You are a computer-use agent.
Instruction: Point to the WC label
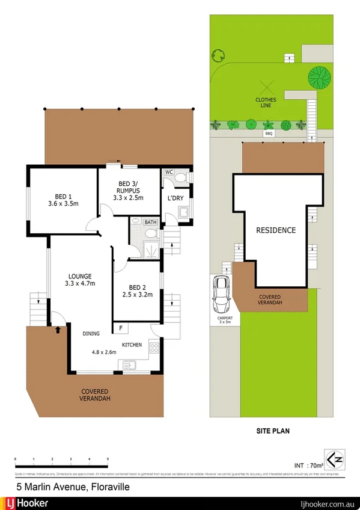click(169, 172)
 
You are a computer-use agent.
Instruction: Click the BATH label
click(150, 222)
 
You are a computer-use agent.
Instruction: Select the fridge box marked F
click(121, 328)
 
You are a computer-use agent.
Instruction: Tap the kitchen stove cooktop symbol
click(153, 347)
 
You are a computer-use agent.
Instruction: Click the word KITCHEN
click(132, 345)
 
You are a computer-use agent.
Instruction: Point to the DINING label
click(91, 333)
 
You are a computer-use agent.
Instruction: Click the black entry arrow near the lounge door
click(58, 329)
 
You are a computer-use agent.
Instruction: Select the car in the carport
click(221, 291)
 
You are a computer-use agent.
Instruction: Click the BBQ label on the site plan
click(269, 134)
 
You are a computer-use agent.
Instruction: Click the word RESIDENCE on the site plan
click(276, 230)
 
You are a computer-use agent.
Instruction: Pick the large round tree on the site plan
click(319, 77)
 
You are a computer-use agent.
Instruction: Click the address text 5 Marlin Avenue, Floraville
click(72, 485)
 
